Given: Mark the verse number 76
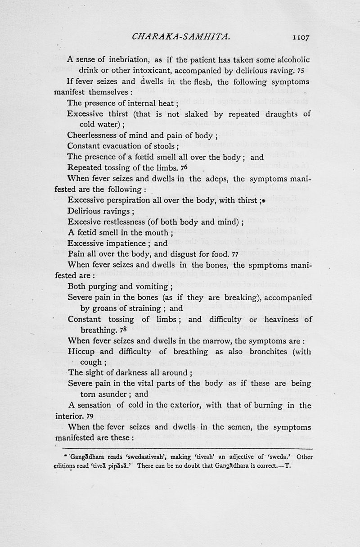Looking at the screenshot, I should [x=184, y=167].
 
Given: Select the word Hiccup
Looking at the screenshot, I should [x=81, y=352].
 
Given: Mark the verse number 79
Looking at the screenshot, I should [x=90, y=416].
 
